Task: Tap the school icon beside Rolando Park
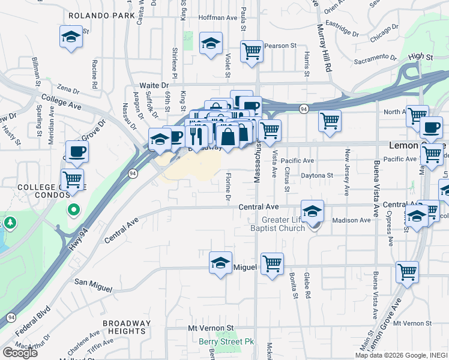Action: click(x=71, y=37)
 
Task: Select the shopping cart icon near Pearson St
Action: click(x=252, y=51)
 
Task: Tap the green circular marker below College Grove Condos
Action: click(x=73, y=210)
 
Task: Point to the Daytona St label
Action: click(x=316, y=176)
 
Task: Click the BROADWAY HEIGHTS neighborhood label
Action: click(x=126, y=328)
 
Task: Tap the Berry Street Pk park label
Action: click(x=227, y=342)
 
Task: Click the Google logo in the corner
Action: click(x=20, y=353)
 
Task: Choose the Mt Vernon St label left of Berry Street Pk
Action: click(x=210, y=328)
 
